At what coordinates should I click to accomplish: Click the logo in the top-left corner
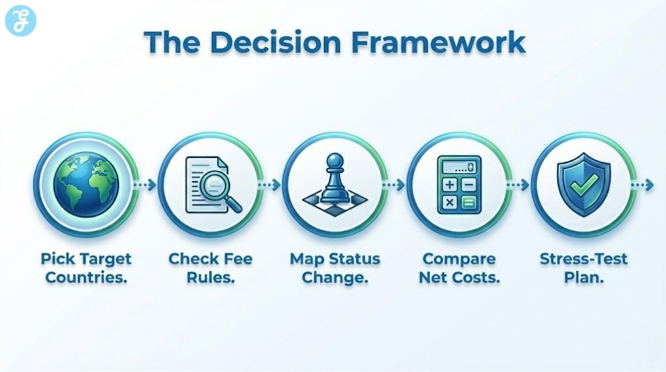tap(20, 20)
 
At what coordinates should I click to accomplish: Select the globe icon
tap(86, 185)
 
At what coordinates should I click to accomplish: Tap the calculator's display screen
tap(459, 166)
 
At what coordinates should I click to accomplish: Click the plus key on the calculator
tap(449, 185)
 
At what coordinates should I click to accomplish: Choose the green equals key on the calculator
tap(468, 202)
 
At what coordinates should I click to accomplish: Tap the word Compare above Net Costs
tap(459, 259)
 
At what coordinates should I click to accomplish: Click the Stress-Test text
tap(583, 259)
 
